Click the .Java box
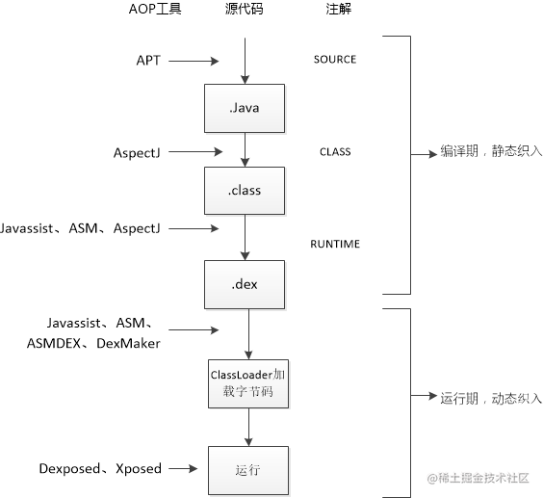(x=246, y=107)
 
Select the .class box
(x=246, y=190)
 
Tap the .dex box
(x=246, y=283)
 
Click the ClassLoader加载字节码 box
(x=247, y=382)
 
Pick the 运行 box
(x=247, y=470)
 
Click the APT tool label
(x=148, y=60)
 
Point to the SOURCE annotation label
(x=334, y=60)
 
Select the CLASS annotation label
(x=334, y=151)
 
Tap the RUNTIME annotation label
(x=334, y=244)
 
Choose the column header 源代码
(x=246, y=10)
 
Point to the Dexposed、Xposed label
(x=100, y=469)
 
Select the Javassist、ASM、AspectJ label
(x=81, y=228)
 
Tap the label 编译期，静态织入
(x=491, y=151)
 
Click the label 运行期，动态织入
(x=491, y=397)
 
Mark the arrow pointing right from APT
(x=198, y=61)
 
